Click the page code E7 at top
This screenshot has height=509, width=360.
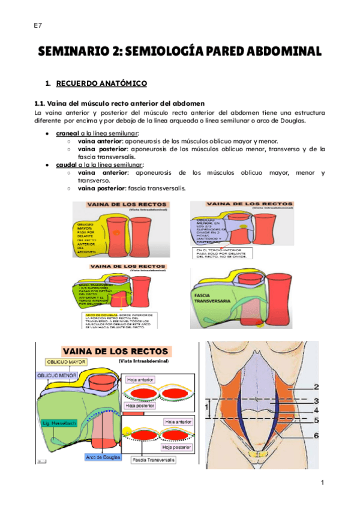37,25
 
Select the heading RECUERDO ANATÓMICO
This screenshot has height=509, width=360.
101,82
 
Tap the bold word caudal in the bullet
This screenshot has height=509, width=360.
67,164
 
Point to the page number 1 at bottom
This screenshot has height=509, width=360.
322,483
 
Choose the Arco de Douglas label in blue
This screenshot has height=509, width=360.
102,457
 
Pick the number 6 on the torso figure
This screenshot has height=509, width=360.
315,435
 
